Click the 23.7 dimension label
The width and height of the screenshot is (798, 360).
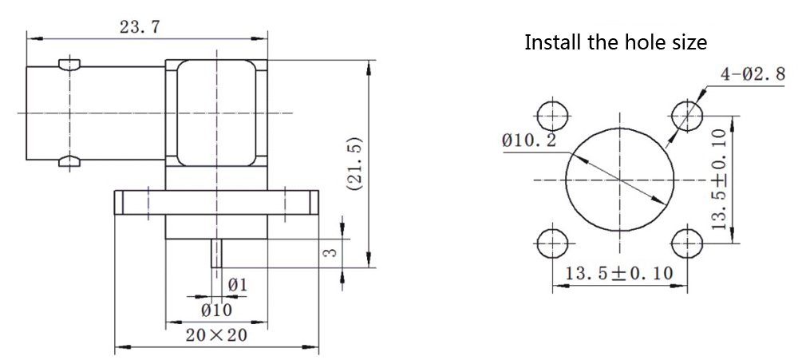click(140, 26)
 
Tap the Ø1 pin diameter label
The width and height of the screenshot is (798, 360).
click(237, 284)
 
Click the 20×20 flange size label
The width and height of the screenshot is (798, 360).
click(216, 334)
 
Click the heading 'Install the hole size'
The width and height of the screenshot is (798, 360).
click(615, 42)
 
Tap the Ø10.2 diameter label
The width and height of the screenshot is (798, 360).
click(529, 141)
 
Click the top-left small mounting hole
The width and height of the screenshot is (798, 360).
click(552, 117)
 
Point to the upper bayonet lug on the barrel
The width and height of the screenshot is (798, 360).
click(70, 63)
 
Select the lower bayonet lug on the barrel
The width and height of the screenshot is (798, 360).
click(70, 162)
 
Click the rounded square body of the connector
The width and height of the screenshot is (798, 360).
click(216, 112)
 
